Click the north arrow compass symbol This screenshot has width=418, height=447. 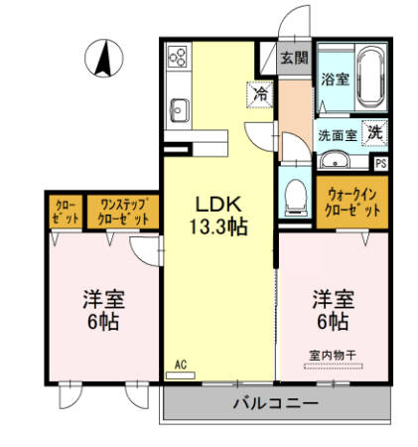pyautogui.click(x=103, y=59)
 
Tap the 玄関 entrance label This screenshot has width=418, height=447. pyautogui.click(x=293, y=59)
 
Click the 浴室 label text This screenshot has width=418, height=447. pyautogui.click(x=334, y=79)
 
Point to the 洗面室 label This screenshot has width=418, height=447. pyautogui.click(x=336, y=133)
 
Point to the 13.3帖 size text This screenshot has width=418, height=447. pyautogui.click(x=218, y=226)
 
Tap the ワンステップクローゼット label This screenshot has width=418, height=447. pyautogui.click(x=121, y=211)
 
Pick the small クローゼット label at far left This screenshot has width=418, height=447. pyautogui.click(x=64, y=211)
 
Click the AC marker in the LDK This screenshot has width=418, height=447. pyautogui.click(x=181, y=364)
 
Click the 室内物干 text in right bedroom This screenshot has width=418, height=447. pyautogui.click(x=332, y=355)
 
